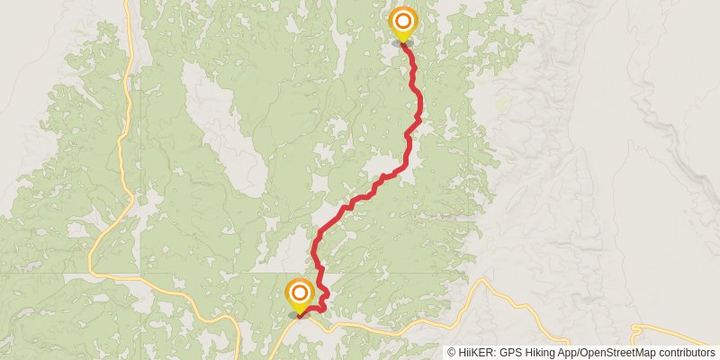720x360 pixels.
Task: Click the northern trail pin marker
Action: pos(402,23)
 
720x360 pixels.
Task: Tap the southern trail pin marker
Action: pos(299,296)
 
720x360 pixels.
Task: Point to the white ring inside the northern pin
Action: pos(402,20)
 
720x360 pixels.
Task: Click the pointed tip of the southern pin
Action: pos(299,314)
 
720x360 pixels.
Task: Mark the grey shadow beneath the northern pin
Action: pos(401,42)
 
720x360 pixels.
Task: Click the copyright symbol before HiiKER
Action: pos(452,352)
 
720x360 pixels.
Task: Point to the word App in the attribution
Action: pos(571,352)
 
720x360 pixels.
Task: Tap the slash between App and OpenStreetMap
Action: pos(580,352)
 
